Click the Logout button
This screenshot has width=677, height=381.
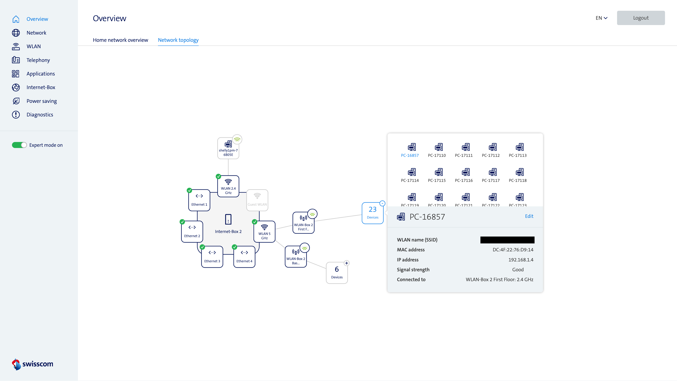coord(641,18)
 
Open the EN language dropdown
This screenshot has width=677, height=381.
coord(601,18)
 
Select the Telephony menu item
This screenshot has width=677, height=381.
coord(38,60)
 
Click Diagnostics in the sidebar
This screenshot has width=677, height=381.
coord(40,115)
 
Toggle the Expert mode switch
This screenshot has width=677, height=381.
coord(19,145)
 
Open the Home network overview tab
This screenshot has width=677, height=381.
coord(120,40)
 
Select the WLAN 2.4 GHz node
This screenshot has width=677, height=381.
coord(228,186)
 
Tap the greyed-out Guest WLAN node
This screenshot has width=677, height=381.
coord(257,200)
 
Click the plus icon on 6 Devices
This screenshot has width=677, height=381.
coord(347,263)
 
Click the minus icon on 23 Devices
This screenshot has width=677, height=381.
coord(382,203)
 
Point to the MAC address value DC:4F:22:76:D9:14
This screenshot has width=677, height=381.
coord(513,250)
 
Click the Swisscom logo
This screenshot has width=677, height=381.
coord(33,364)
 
